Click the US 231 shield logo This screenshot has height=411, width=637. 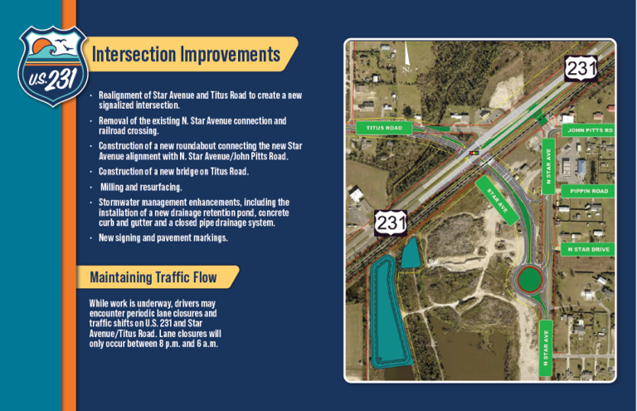pos(48,66)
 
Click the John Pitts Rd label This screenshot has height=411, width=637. pos(589,130)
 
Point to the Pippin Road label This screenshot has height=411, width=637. pos(589,191)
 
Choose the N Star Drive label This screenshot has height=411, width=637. pos(589,249)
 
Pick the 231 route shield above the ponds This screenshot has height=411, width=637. pos(391,223)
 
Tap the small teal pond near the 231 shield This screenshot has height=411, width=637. pos(411,254)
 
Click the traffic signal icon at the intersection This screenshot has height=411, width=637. pos(474,153)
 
